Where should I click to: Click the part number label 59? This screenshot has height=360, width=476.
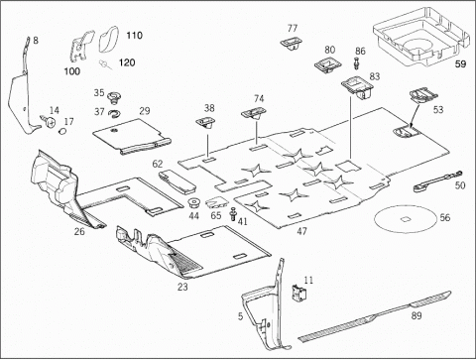pyautogui.click(x=460, y=63)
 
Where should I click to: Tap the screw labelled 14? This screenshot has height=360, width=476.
pyautogui.click(x=49, y=121)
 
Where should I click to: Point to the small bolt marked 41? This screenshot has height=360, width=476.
pyautogui.click(x=233, y=214)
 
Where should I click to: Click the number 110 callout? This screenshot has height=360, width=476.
pyautogui.click(x=134, y=36)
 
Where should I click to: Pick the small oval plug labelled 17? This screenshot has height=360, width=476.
pyautogui.click(x=61, y=132)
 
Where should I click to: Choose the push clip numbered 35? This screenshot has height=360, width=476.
pyautogui.click(x=114, y=98)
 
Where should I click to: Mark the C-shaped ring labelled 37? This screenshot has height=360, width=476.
pyautogui.click(x=114, y=113)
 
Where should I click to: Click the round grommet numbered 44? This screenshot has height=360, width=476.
pyautogui.click(x=194, y=202)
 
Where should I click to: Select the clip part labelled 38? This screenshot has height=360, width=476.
pyautogui.click(x=204, y=123)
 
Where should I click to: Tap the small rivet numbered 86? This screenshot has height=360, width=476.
pyautogui.click(x=356, y=63)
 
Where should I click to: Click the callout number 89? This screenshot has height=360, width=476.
pyautogui.click(x=416, y=315)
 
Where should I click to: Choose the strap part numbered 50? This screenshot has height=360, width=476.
pyautogui.click(x=438, y=180)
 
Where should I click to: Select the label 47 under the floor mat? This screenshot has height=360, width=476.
pyautogui.click(x=301, y=231)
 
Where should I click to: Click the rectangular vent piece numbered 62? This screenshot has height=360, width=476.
pyautogui.click(x=178, y=181)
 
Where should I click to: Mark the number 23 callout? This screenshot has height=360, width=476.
pyautogui.click(x=182, y=287)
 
